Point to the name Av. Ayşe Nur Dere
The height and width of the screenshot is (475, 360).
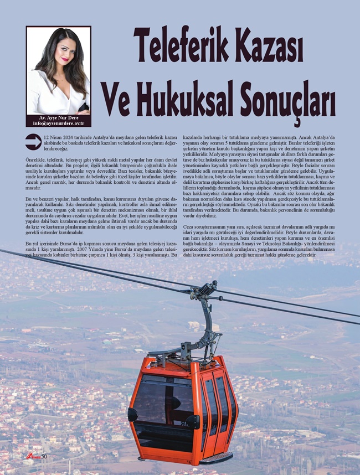pyautogui.click(x=58, y=118)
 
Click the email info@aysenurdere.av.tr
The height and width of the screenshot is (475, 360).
pyautogui.click(x=58, y=123)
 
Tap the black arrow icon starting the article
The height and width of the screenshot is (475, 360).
pyautogui.click(x=33, y=141)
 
